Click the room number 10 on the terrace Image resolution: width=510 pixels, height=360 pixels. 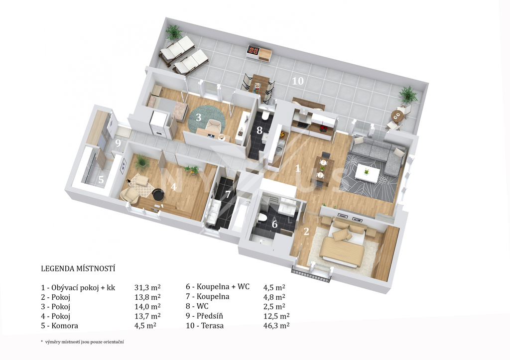pos(298,81)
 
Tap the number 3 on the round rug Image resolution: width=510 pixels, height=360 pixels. pos(198,118)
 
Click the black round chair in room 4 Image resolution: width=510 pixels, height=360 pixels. pos(158,194)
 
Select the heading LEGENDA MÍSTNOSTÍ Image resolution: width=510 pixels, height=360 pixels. pos(78,268)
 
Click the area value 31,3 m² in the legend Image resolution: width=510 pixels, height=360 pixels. pos(147,287)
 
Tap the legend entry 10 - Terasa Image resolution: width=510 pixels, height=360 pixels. pos(205,326)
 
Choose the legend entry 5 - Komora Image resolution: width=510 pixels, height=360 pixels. pos(60,326)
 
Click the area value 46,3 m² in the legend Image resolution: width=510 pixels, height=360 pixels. pos(276,326)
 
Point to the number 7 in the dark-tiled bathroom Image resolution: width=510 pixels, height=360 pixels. pos(228,195)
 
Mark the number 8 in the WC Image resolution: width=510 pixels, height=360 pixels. pos(259,130)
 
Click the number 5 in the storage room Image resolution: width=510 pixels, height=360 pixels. pos(101,180)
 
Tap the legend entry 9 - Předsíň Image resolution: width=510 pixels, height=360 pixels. pos(204,316)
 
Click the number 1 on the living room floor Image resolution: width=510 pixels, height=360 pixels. pos(297,168)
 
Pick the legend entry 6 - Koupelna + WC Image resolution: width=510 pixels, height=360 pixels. pos(218,286)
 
